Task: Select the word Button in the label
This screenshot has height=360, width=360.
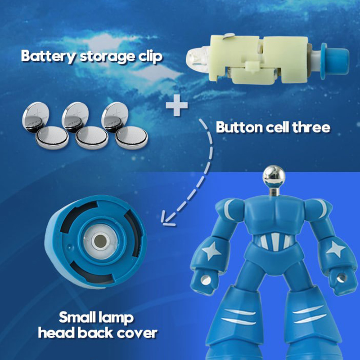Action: click(239, 127)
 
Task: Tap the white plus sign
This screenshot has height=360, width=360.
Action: click(177, 106)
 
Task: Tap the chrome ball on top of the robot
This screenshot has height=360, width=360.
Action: click(274, 176)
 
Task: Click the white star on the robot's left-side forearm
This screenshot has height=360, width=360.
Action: click(211, 251)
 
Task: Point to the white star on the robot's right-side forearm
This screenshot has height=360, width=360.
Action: click(336, 249)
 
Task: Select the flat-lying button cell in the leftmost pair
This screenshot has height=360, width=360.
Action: click(52, 138)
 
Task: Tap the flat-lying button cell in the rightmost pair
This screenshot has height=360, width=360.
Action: click(131, 138)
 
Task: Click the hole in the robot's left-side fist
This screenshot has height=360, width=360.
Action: click(206, 280)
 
